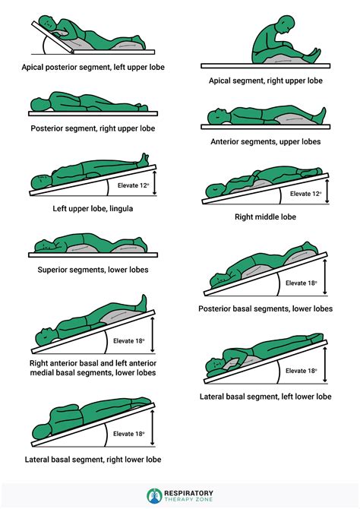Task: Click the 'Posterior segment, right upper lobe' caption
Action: pos(92,128)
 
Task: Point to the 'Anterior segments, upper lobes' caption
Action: pos(265,141)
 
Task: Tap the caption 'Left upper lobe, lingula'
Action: pos(92,207)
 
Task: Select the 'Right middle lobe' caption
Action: pos(265,217)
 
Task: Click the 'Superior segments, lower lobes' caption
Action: pos(93,270)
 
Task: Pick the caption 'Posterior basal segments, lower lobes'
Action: pos(265,308)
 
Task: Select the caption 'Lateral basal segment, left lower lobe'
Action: pos(265,397)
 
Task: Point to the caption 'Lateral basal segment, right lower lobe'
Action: pos(92,459)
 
